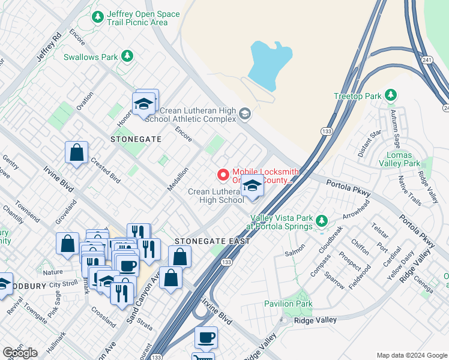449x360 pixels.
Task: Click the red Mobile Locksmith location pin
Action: click(x=223, y=175)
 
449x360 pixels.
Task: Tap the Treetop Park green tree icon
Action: click(x=391, y=95)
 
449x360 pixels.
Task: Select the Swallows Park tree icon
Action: click(x=127, y=56)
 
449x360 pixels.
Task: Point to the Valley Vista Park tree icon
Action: click(x=322, y=221)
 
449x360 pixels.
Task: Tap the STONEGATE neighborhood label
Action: click(x=136, y=139)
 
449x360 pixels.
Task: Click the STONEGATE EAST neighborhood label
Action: click(x=212, y=241)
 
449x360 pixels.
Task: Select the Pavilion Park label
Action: click(x=289, y=304)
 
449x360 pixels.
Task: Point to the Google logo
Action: click(x=20, y=353)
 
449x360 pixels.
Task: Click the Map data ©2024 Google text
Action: click(x=411, y=355)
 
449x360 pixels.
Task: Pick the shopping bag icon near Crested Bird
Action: click(x=77, y=153)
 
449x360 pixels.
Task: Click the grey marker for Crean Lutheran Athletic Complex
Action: click(x=244, y=113)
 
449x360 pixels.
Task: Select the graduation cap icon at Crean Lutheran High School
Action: click(x=253, y=187)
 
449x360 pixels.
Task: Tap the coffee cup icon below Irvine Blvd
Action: click(x=206, y=338)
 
